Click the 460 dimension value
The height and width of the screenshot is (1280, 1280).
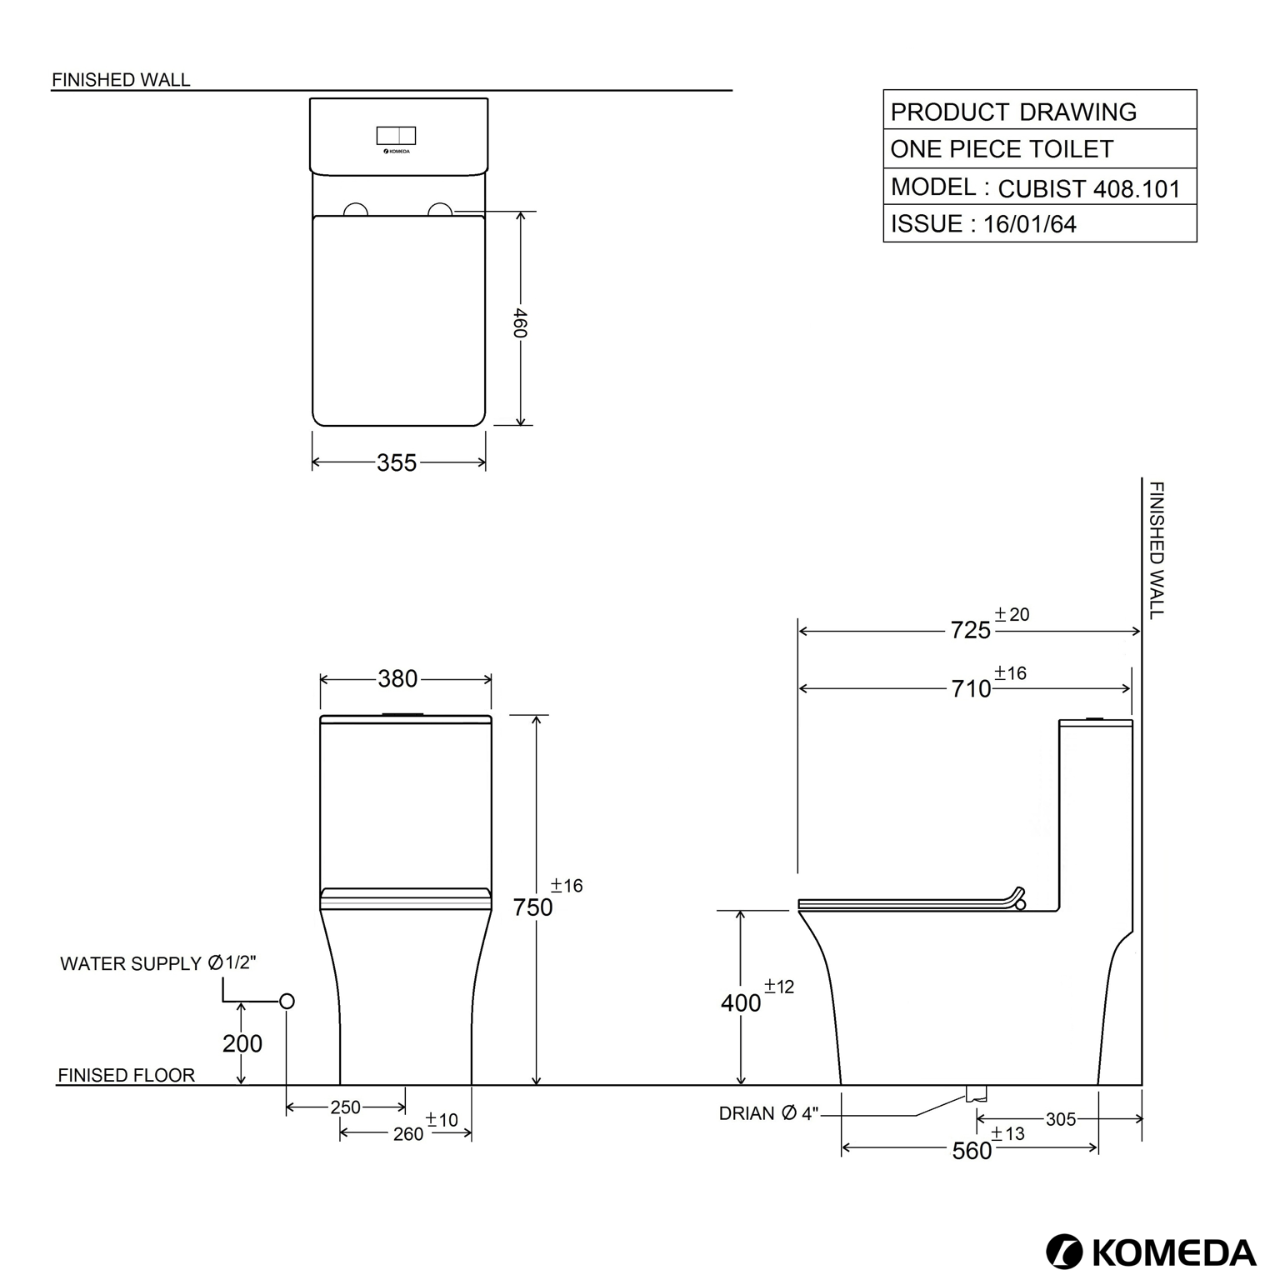click(x=519, y=323)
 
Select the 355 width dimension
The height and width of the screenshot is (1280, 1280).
click(x=397, y=462)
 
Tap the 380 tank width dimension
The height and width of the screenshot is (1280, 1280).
click(x=397, y=679)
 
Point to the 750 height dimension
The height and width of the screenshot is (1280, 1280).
click(x=533, y=907)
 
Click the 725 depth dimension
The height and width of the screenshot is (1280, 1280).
click(x=971, y=630)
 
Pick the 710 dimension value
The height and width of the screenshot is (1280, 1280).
click(x=972, y=688)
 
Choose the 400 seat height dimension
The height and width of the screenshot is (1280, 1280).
click(x=741, y=1003)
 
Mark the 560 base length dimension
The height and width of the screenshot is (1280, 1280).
click(x=972, y=1151)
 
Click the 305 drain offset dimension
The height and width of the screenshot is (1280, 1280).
click(x=1061, y=1119)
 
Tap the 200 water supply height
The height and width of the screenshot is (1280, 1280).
click(x=242, y=1043)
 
